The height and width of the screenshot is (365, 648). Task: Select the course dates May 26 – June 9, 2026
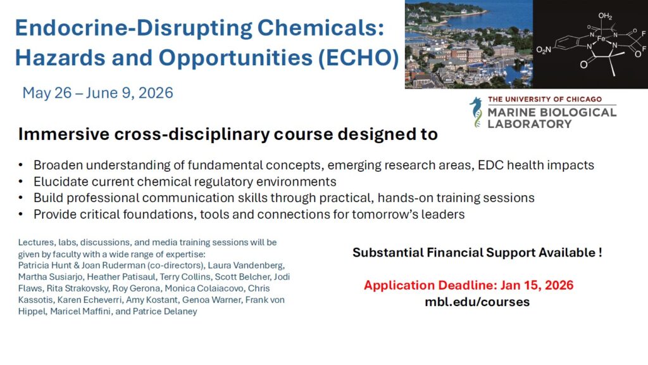98,93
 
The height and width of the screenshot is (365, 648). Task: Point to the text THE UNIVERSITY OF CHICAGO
544,100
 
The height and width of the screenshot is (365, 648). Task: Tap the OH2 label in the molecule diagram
605,16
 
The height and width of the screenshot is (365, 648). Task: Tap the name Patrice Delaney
167,311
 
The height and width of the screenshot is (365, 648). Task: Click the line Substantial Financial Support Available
477,253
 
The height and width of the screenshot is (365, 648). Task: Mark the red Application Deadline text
469,285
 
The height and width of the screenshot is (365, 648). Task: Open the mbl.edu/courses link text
477,302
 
